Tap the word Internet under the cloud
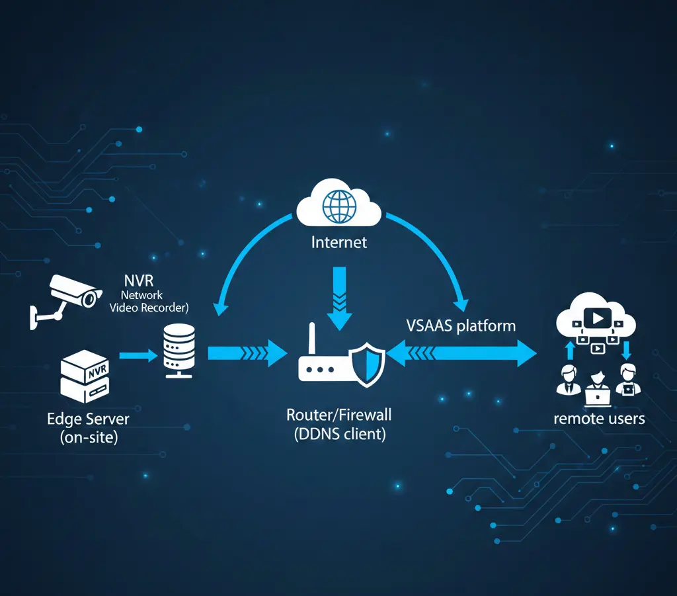(338, 242)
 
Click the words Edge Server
(88, 419)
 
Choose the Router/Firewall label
(338, 415)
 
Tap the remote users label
(599, 418)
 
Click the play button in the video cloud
(596, 318)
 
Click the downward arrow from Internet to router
(339, 297)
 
